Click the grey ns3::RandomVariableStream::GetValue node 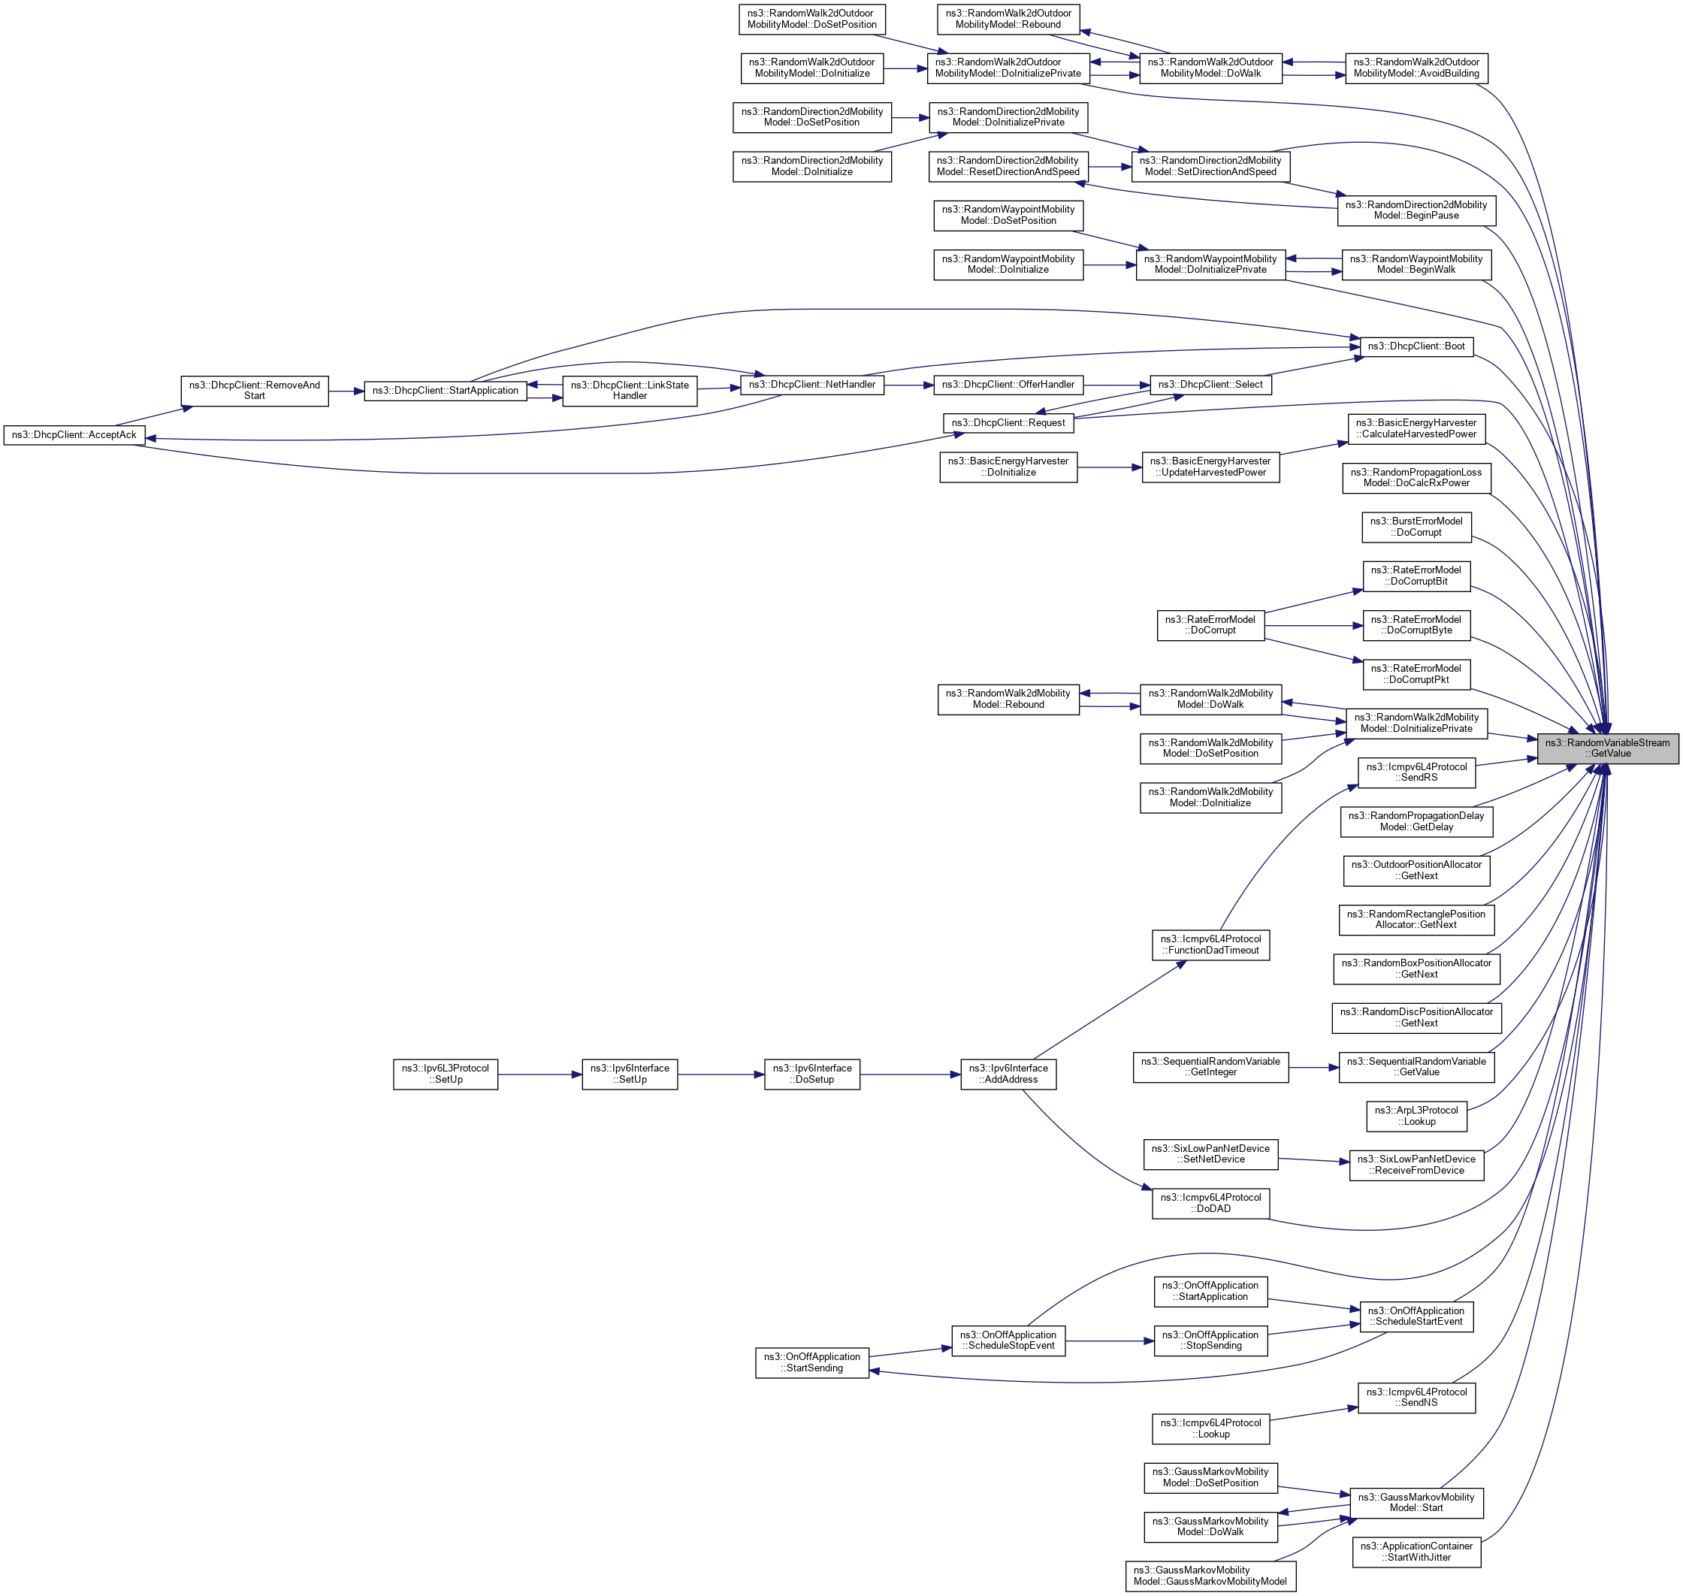[x=1606, y=748]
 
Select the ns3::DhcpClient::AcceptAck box [x=74, y=435]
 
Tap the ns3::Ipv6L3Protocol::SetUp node [x=445, y=1074]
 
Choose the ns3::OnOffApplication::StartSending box [x=811, y=1362]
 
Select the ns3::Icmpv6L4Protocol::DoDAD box [x=1210, y=1203]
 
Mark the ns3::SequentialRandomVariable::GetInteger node [x=1210, y=1067]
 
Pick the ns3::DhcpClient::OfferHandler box [x=1008, y=385]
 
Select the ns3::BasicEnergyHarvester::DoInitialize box [x=1008, y=467]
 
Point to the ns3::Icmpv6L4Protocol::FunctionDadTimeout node [x=1210, y=945]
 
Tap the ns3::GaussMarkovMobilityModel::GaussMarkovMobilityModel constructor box [x=1210, y=1576]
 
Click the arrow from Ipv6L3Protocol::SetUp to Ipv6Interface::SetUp [x=539, y=1075]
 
